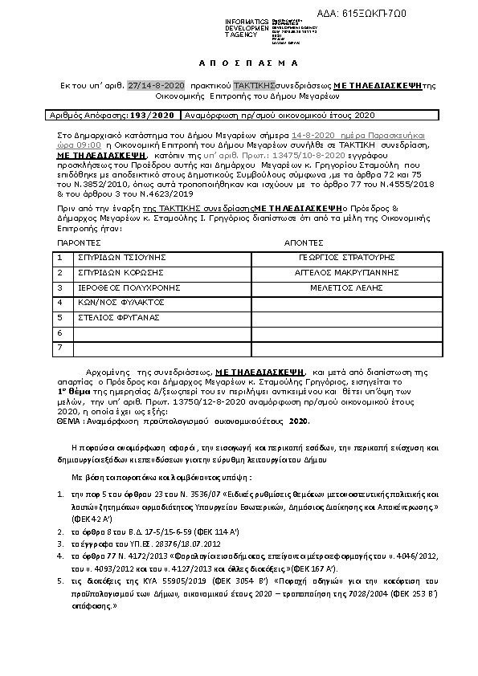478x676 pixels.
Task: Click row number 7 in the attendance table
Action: point(60,348)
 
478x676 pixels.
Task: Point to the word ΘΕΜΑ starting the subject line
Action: point(69,421)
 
